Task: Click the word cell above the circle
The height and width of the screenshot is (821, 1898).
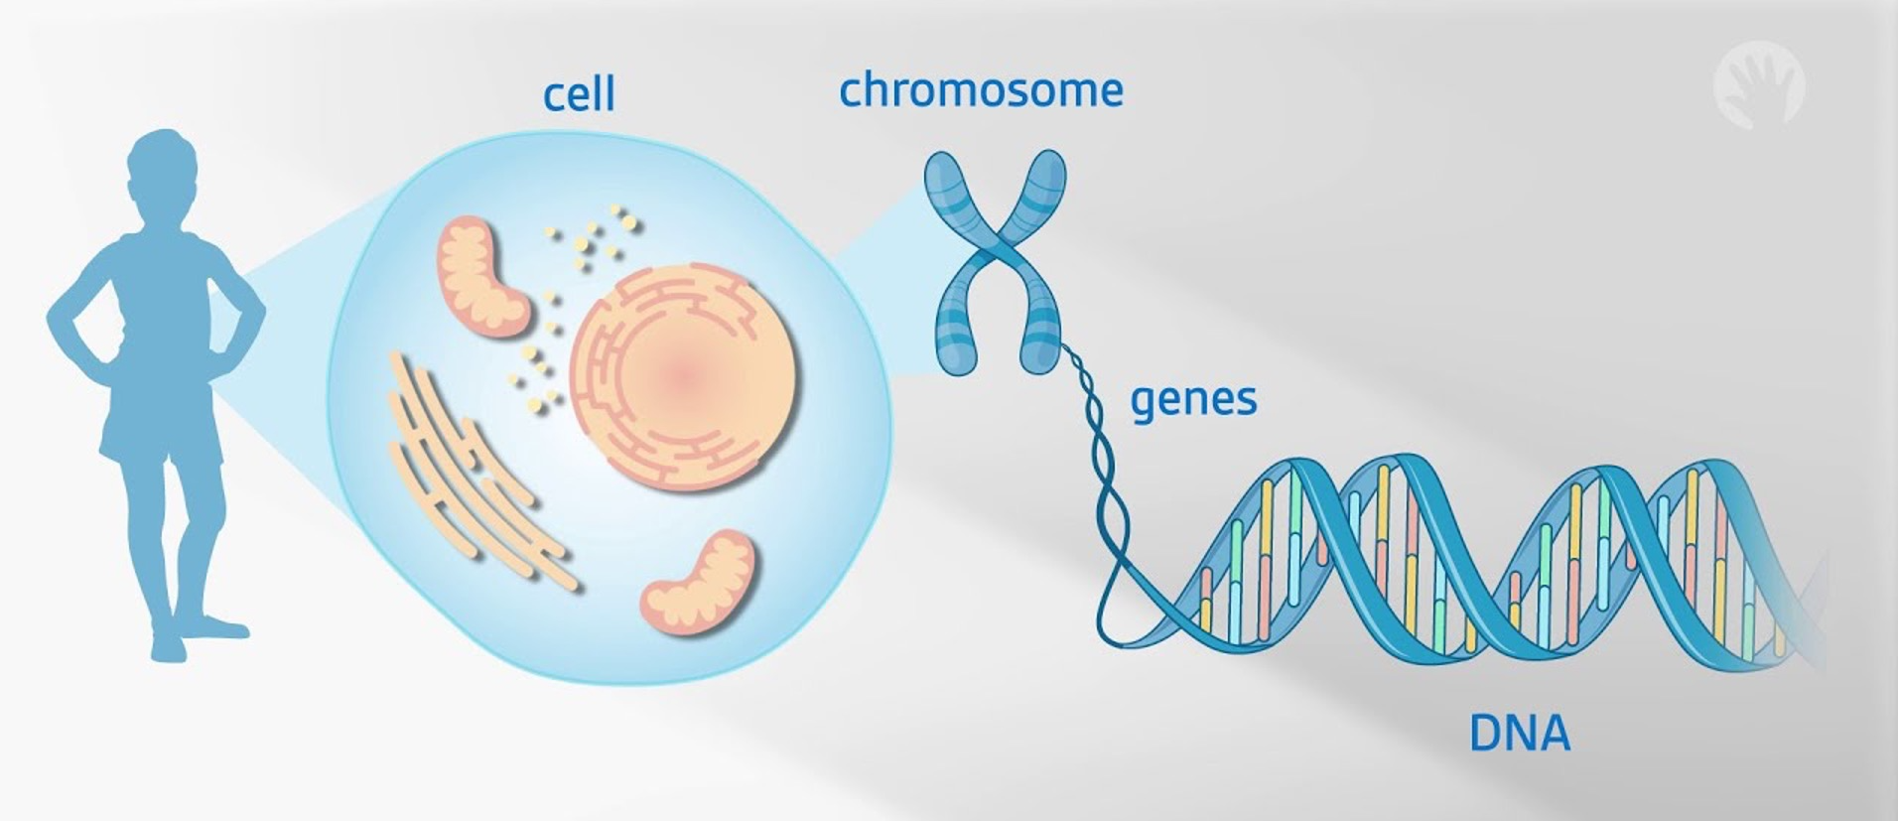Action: point(579,94)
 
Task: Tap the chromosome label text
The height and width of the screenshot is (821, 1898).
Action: point(981,90)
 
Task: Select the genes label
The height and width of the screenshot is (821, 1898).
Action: point(1193,400)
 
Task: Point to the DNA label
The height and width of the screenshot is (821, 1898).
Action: point(1519,735)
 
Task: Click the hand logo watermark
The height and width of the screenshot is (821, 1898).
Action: point(1758,85)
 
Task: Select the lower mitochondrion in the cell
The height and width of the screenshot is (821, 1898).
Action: point(698,583)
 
